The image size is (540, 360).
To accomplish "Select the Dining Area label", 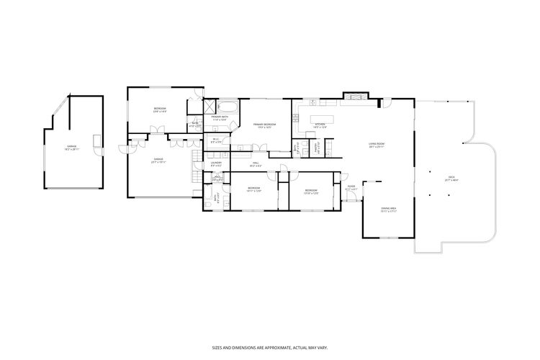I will tap(388, 210).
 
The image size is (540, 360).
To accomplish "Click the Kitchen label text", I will tap(320, 126).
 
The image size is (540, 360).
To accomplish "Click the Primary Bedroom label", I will tap(266, 125).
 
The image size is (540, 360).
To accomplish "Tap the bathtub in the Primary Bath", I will tap(229, 106).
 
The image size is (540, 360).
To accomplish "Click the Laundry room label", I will tap(216, 164).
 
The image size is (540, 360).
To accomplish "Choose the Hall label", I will tap(256, 164).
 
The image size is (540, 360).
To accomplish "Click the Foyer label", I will tap(351, 188).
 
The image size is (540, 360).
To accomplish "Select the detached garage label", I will tap(71, 147).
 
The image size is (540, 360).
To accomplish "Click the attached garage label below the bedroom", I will tap(159, 161).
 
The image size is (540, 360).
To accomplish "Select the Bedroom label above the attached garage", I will tap(159, 110).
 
